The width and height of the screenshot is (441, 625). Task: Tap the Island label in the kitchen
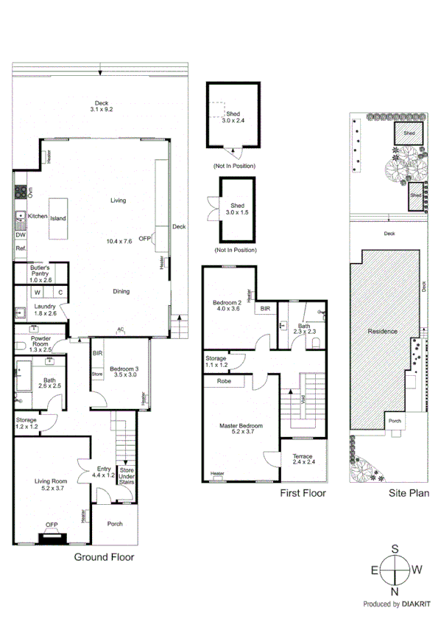click(x=58, y=218)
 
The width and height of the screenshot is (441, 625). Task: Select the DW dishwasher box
click(x=20, y=235)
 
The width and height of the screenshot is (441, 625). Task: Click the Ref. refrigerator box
click(x=21, y=249)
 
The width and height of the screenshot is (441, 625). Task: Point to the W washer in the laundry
click(x=36, y=292)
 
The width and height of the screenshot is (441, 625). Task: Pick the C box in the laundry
click(x=60, y=292)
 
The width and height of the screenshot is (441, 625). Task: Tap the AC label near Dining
click(x=120, y=329)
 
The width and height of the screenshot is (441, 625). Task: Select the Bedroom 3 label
click(x=124, y=371)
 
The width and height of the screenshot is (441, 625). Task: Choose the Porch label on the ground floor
click(x=114, y=524)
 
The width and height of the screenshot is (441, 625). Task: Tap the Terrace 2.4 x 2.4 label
click(x=303, y=459)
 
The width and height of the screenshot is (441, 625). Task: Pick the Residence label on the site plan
click(x=382, y=331)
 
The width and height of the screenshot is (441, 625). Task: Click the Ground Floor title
click(x=104, y=557)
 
